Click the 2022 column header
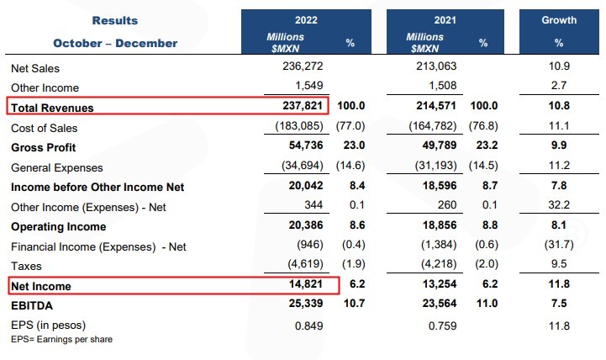click(x=305, y=19)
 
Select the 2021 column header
click(x=444, y=19)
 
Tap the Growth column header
click(x=559, y=19)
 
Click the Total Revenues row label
click(x=52, y=108)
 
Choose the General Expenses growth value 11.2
click(x=559, y=167)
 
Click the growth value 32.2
click(x=559, y=206)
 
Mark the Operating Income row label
click(x=59, y=226)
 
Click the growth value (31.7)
click(x=559, y=246)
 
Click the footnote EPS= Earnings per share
click(x=61, y=339)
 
